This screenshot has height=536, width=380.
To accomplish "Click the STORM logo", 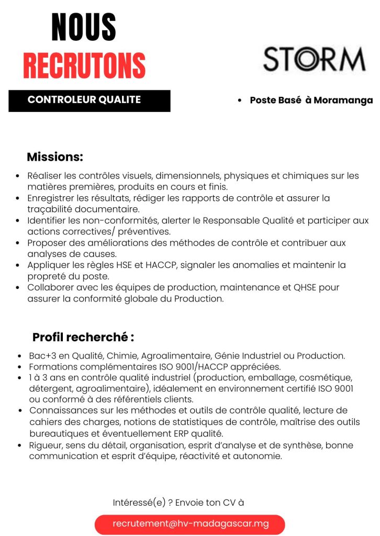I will point(314,59).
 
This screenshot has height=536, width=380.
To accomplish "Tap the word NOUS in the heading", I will point(84,28).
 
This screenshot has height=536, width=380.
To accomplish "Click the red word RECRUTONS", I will point(84,66).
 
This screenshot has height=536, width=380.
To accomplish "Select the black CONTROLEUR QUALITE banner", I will point(90,100).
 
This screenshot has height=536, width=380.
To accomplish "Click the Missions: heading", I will point(55,157).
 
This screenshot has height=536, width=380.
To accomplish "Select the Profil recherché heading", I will point(83,337).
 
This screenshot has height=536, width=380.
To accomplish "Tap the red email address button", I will point(190,524).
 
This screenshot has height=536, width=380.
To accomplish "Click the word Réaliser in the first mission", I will point(44,176).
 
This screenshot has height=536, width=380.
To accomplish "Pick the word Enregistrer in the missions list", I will point(50,198).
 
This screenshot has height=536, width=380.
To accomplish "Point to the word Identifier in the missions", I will point(46,221).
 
